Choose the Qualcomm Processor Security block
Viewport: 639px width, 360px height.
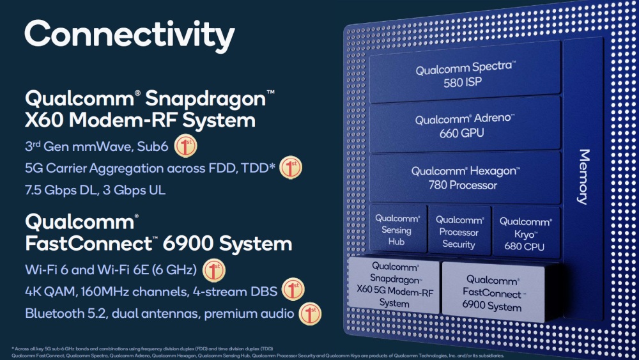point(458,231)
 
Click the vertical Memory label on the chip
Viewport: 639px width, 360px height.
point(583,176)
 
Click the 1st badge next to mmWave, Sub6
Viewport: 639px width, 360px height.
point(185,146)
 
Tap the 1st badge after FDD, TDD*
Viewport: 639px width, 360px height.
point(290,168)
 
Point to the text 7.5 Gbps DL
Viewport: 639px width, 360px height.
point(58,191)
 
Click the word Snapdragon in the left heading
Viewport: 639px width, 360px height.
point(205,99)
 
